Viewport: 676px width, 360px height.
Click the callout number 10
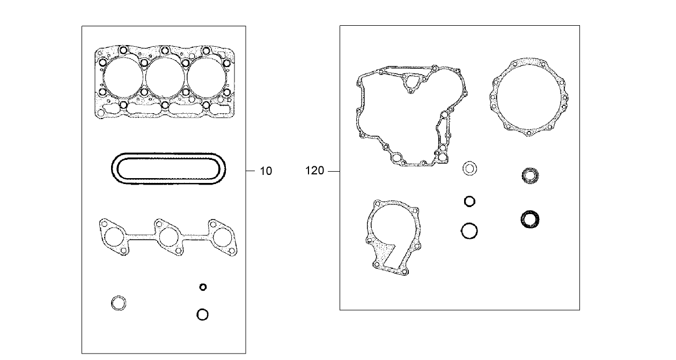click(266, 171)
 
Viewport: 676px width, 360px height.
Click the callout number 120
click(315, 171)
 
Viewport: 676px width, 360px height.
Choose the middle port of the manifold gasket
click(168, 237)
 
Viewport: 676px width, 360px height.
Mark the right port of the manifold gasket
click(222, 237)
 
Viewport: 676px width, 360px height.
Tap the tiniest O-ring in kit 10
click(203, 287)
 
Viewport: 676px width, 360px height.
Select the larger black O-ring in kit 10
click(202, 314)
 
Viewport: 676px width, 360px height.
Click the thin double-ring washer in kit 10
click(119, 303)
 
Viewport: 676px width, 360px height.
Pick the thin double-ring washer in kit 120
click(470, 168)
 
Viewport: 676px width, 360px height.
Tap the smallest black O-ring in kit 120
click(469, 201)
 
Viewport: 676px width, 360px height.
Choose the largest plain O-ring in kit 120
click(469, 231)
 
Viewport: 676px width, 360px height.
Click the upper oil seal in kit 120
click(531, 175)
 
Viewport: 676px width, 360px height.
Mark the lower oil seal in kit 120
click(530, 219)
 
